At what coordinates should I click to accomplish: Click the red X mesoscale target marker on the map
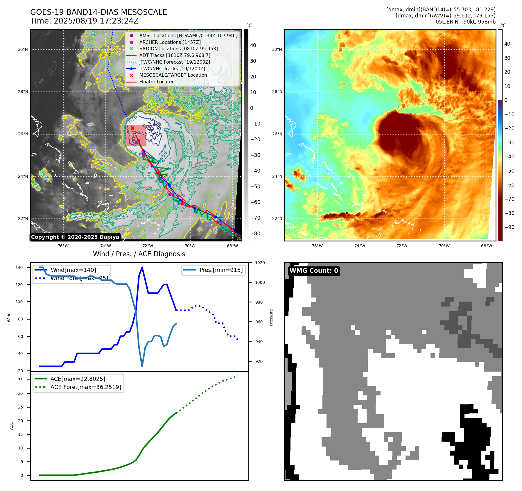pyautogui.click(x=132, y=128)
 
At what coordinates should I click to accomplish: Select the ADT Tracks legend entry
pyautogui.click(x=175, y=55)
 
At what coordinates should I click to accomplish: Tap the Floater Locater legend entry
pyautogui.click(x=156, y=82)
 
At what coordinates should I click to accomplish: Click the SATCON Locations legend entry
pyautogui.click(x=178, y=49)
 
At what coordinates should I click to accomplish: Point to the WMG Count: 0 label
pyautogui.click(x=314, y=271)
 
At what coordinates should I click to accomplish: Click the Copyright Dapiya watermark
pyautogui.click(x=75, y=237)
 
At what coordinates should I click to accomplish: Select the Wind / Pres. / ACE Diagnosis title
pyautogui.click(x=139, y=254)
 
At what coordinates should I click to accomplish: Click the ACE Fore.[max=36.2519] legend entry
pyautogui.click(x=86, y=387)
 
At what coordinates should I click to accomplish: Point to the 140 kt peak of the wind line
pyautogui.click(x=142, y=267)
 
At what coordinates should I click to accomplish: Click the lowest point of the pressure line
pyautogui.click(x=142, y=366)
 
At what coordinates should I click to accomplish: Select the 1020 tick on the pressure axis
pyautogui.click(x=260, y=263)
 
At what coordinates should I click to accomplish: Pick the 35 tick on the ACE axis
pyautogui.click(x=21, y=380)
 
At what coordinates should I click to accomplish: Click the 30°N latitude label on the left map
pyautogui.click(x=23, y=50)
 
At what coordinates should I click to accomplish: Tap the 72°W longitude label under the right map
pyautogui.click(x=402, y=246)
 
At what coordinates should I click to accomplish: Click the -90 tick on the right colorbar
pyautogui.click(x=509, y=227)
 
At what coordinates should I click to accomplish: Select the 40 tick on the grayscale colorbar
pyautogui.click(x=253, y=45)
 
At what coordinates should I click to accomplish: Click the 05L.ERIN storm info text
pyautogui.click(x=465, y=22)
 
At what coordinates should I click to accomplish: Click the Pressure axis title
pyautogui.click(x=271, y=317)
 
